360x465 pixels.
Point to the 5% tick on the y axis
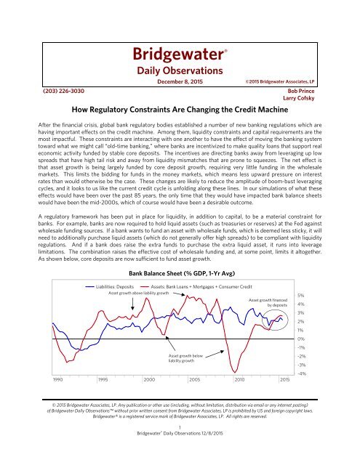point(300,275)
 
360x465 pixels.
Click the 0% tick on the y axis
point(300,339)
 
